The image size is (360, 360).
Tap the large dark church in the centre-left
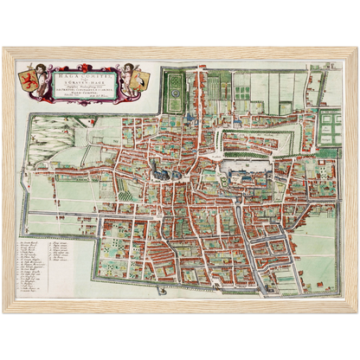point(162,171)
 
